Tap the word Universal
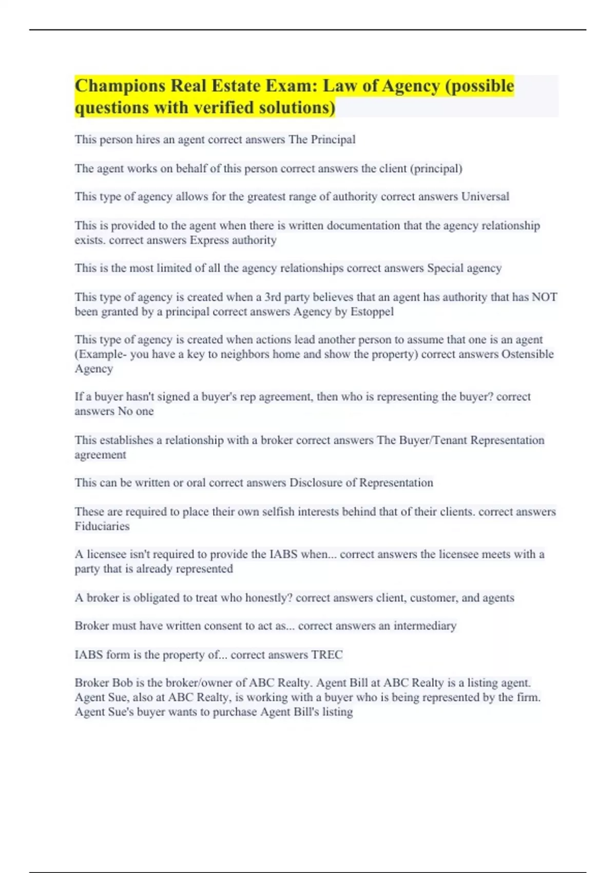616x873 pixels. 485,197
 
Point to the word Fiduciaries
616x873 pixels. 102,526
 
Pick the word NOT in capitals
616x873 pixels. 544,297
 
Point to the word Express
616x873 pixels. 209,240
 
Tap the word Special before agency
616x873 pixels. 445,268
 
